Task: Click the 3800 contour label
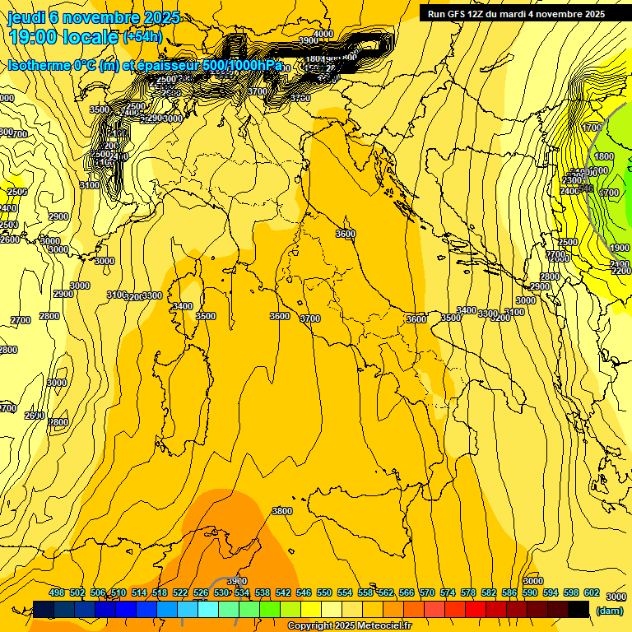tap(282, 511)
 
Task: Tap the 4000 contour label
tap(323, 34)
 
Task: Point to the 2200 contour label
tap(620, 271)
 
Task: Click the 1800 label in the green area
tap(603, 156)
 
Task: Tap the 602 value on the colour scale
tap(591, 592)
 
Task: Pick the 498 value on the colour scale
tap(57, 592)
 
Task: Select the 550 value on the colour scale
tap(324, 592)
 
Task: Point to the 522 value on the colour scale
tap(180, 592)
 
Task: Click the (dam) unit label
tap(609, 610)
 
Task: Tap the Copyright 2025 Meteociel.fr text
tap(349, 626)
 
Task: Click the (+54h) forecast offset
tap(142, 37)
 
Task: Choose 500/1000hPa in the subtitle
tap(243, 66)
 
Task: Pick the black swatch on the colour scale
tap(579, 609)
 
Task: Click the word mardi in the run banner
tap(521, 14)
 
